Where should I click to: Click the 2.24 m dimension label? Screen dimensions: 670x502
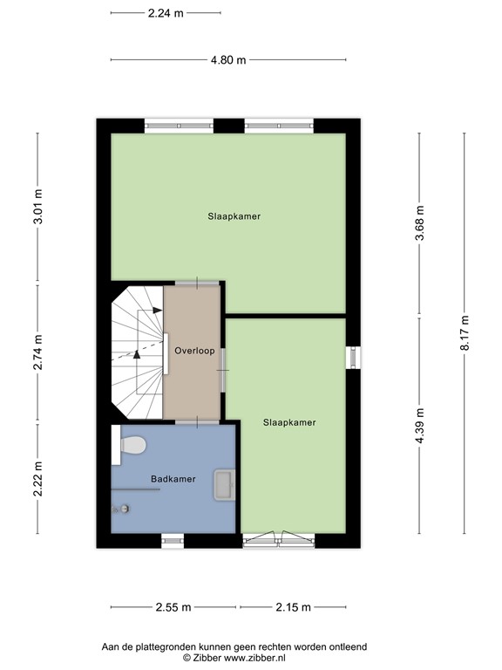tap(166, 13)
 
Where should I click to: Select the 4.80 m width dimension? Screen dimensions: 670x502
tap(228, 60)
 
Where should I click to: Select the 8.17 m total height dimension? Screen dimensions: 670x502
tap(465, 333)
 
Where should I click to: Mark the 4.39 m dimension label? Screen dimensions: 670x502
tap(420, 426)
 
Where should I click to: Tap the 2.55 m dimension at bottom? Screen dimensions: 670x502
tap(173, 607)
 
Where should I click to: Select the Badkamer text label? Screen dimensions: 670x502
tap(173, 479)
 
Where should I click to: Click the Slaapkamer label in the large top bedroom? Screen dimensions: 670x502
tap(234, 215)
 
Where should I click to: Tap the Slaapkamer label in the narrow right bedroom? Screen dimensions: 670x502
tap(289, 422)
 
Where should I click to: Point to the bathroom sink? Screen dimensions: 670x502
tap(224, 484)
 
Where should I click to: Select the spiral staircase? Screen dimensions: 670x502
tap(137, 352)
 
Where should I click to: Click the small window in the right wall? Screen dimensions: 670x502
tap(353, 358)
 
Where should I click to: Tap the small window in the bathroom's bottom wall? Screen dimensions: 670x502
tap(173, 541)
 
